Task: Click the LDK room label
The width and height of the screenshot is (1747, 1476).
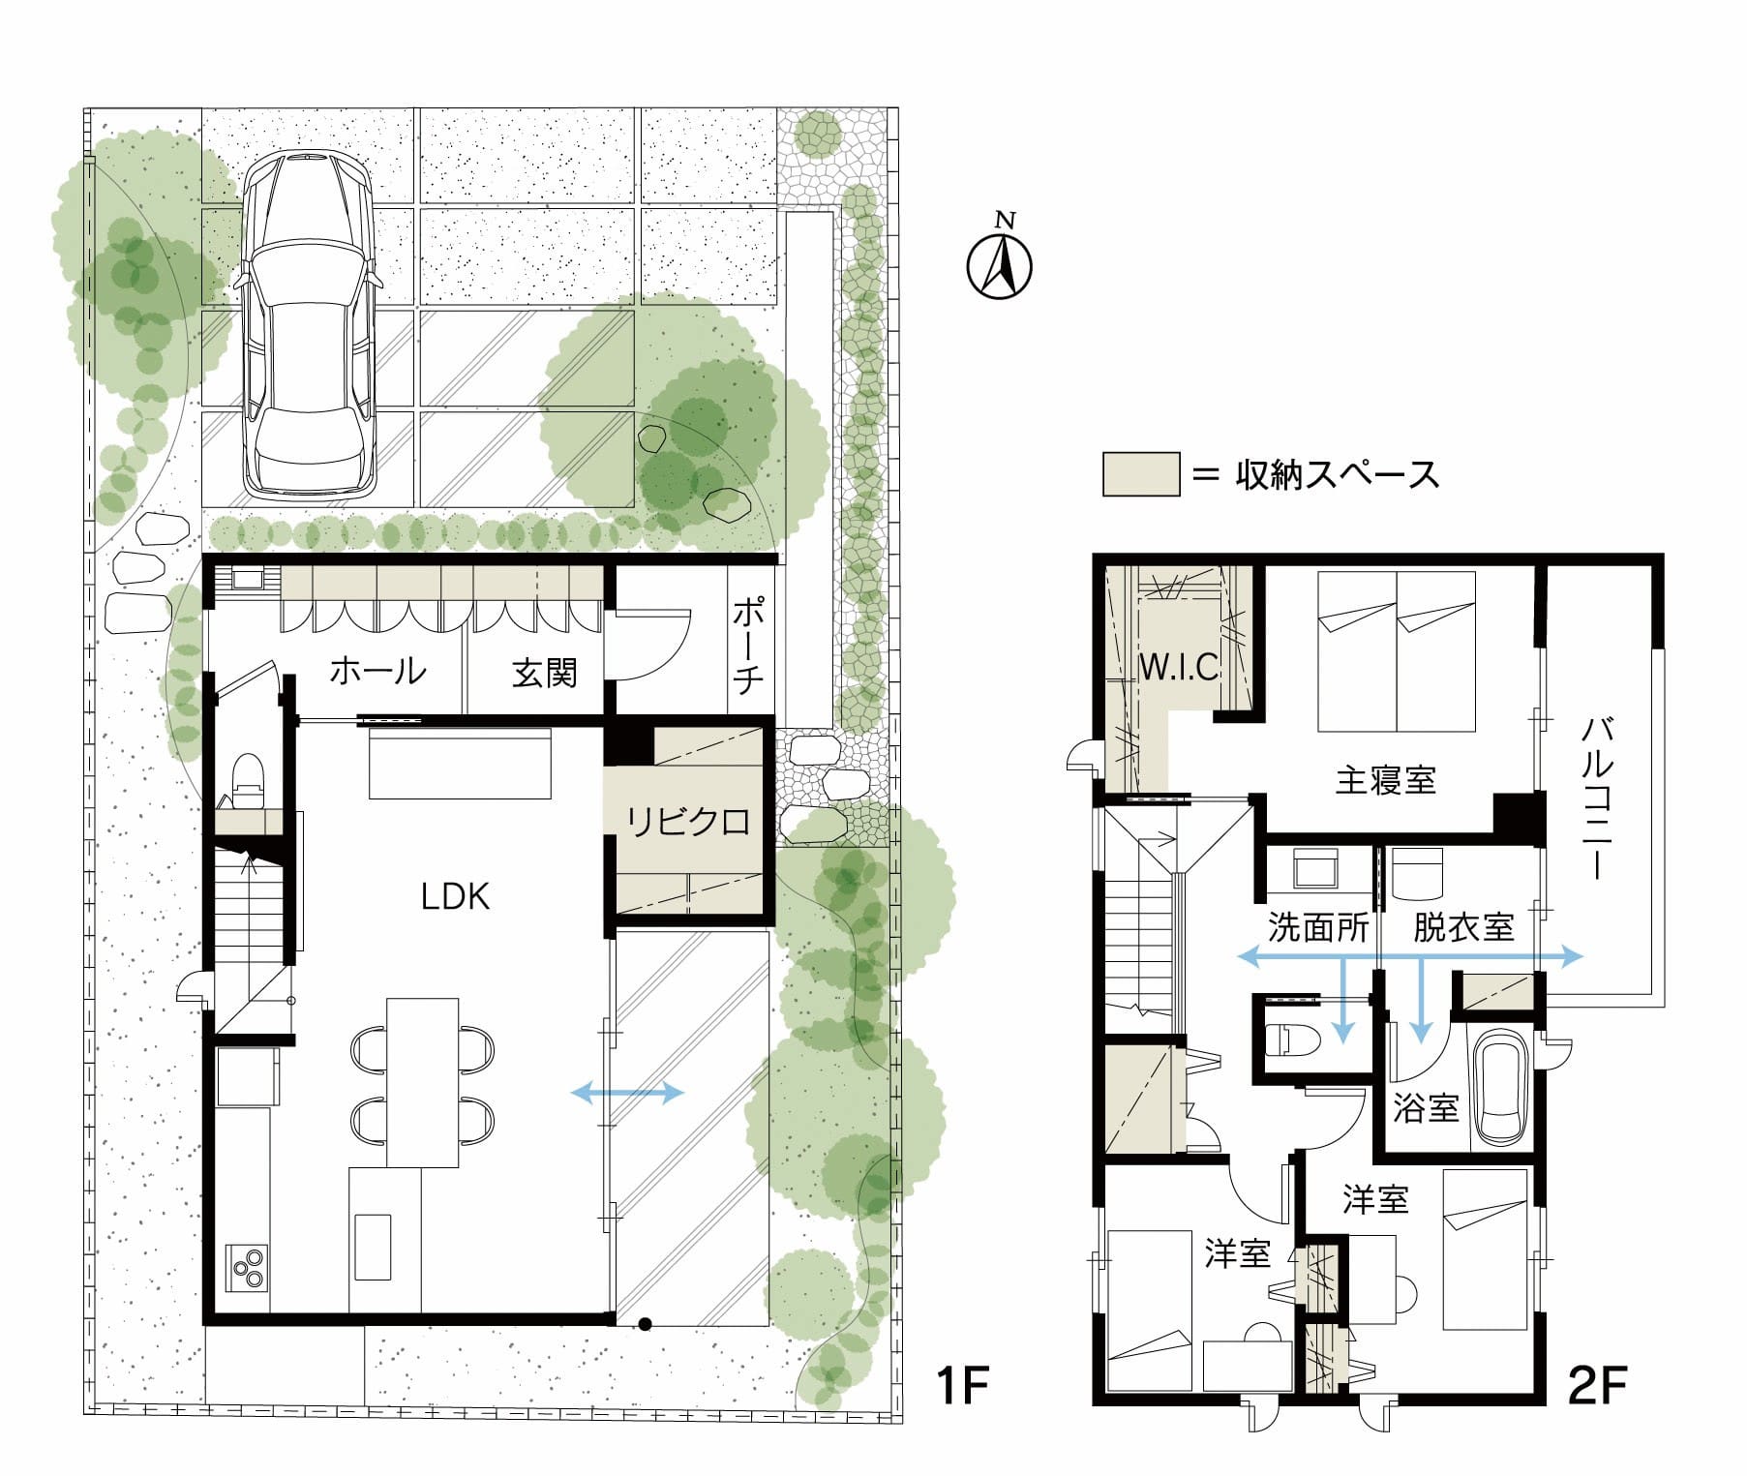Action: click(x=456, y=896)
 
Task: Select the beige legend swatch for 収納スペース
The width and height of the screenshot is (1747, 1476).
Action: click(x=1141, y=474)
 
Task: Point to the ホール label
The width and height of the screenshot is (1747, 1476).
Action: click(x=378, y=670)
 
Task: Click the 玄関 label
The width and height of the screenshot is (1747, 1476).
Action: click(x=545, y=672)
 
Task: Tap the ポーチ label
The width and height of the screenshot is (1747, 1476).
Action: click(x=747, y=646)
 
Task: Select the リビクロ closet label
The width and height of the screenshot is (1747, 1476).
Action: click(x=688, y=822)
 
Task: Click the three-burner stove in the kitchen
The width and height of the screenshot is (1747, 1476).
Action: click(x=247, y=1268)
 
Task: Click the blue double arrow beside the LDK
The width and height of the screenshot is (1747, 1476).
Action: click(x=628, y=1094)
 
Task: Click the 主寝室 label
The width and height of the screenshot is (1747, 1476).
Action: click(x=1385, y=780)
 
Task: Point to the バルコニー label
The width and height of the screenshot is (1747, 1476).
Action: click(x=1598, y=799)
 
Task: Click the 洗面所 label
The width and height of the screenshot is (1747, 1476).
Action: click(x=1319, y=928)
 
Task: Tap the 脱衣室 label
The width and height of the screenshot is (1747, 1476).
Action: click(x=1464, y=928)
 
